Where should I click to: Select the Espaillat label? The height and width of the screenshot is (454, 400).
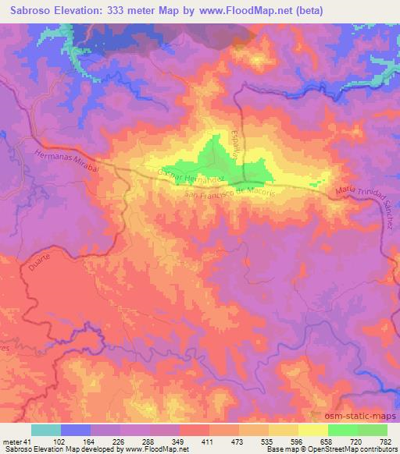point(231,146)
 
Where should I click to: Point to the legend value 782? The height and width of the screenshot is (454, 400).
point(385,441)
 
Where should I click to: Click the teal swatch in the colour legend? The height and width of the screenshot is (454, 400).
point(46,430)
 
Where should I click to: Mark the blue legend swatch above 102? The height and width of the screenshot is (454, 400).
point(76,430)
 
